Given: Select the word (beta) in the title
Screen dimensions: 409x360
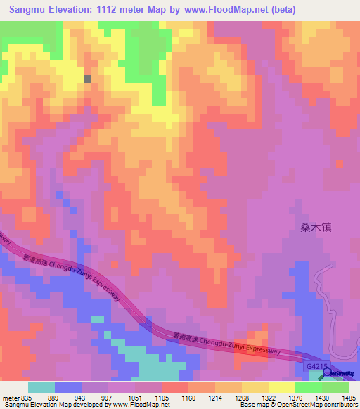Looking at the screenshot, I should (x=280, y=10).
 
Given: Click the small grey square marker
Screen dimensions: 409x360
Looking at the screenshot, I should (x=88, y=79).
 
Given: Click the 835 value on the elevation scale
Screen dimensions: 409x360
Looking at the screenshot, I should (x=27, y=398).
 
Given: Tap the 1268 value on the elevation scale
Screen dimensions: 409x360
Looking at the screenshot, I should (x=237, y=398).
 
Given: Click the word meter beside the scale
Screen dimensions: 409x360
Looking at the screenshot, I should (x=11, y=398).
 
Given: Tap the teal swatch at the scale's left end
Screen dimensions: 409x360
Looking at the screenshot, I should (x=41, y=387).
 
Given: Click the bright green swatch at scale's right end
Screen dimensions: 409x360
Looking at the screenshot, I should (x=335, y=387).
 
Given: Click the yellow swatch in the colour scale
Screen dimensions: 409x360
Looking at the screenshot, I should (x=282, y=387).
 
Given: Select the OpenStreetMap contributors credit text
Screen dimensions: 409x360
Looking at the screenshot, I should (x=311, y=405).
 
